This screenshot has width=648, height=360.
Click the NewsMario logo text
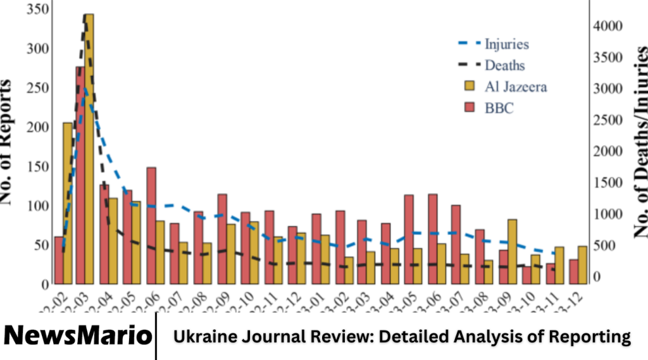[x=77, y=335]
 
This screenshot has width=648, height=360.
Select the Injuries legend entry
[x=506, y=44]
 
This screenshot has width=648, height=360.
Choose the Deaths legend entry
[x=504, y=65]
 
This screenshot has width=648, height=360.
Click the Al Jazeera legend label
[x=515, y=87]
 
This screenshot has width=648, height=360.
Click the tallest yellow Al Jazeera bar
[x=89, y=149]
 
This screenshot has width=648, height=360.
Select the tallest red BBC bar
[x=80, y=175]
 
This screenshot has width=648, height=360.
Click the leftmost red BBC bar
[x=59, y=260]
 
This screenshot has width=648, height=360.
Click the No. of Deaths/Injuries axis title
[x=640, y=142]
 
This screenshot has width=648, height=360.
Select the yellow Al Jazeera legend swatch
[x=470, y=87]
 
